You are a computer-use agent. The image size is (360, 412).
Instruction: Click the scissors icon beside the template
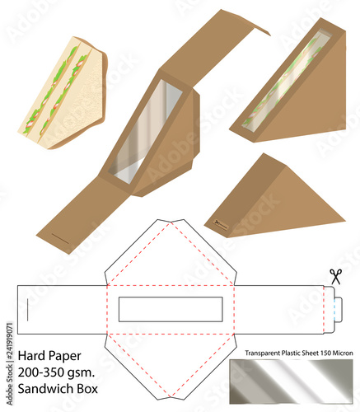pyautogui.click(x=335, y=276)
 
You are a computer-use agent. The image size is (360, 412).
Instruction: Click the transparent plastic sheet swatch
pyautogui.click(x=292, y=385)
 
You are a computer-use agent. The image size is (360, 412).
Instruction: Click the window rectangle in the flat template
pyautogui.click(x=171, y=308)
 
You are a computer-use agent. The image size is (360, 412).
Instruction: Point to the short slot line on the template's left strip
pyautogui.click(x=28, y=309)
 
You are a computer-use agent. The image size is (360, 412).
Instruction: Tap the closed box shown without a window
pyautogui.click(x=272, y=198)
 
